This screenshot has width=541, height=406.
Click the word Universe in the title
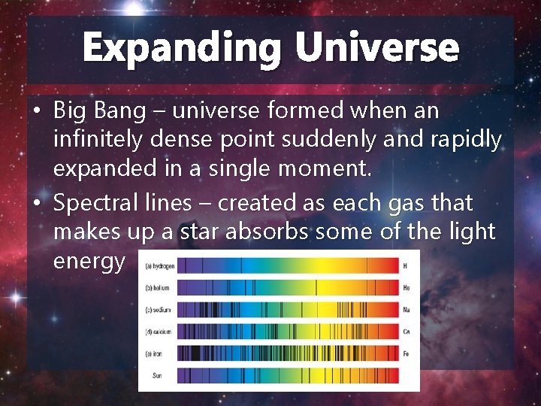376,48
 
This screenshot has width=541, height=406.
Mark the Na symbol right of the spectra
406,309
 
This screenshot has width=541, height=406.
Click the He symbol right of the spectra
406,288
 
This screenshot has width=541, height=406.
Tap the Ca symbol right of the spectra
406,331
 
